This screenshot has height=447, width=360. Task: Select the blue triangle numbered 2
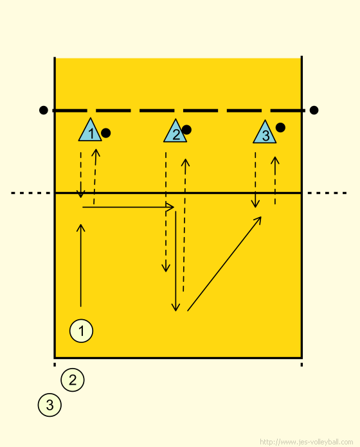175,132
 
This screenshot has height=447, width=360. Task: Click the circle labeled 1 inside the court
81,331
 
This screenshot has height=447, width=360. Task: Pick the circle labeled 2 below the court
73,380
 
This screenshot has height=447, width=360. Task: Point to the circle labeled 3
50,405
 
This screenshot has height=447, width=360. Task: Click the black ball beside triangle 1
106,133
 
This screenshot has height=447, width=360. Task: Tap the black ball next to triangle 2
186,130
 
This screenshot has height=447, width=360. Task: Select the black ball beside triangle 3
280,127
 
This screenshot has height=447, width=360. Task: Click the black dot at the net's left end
44,110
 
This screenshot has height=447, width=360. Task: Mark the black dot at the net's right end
314,110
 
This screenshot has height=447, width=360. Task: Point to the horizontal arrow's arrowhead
171,207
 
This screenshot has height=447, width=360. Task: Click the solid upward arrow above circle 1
81,265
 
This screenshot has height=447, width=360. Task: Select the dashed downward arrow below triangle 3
255,180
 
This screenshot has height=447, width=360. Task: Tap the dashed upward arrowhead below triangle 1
96,152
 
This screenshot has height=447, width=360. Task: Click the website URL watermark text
307,442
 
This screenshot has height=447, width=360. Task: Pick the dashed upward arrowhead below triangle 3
275,160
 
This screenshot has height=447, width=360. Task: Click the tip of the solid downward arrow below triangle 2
175,311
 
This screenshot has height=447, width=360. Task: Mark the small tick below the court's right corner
301,365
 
